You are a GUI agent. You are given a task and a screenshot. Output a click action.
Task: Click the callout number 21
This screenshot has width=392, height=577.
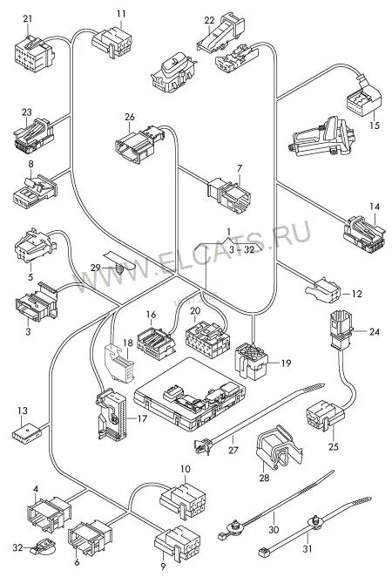pyautogui.click(x=28, y=19)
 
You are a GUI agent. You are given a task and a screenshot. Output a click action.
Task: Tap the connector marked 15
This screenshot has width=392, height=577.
pyautogui.click(x=363, y=97)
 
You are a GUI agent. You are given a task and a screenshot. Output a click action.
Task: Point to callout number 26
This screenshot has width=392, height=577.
pyautogui.click(x=130, y=117)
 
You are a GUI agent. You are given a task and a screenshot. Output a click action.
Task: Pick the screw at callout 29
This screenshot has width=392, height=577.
pyautogui.click(x=120, y=268)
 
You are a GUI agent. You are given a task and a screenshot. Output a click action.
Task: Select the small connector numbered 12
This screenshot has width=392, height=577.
pyautogui.click(x=322, y=290)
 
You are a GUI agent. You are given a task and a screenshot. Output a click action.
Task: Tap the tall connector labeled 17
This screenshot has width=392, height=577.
pyautogui.click(x=111, y=414)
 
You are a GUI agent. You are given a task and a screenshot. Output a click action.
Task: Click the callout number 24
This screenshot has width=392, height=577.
pyautogui.click(x=375, y=331)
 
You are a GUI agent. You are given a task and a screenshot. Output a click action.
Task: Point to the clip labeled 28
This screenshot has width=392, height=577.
pyautogui.click(x=279, y=448)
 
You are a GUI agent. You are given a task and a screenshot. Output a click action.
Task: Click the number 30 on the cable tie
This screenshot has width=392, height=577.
pyautogui.click(x=274, y=530)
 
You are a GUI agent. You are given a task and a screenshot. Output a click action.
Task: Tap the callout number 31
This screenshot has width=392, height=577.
pyautogui.click(x=308, y=548)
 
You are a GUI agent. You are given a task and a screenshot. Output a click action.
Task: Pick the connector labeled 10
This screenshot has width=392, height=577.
pyautogui.click(x=183, y=500)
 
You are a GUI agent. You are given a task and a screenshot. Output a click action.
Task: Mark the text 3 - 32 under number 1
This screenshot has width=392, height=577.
pyautogui.click(x=241, y=250)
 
